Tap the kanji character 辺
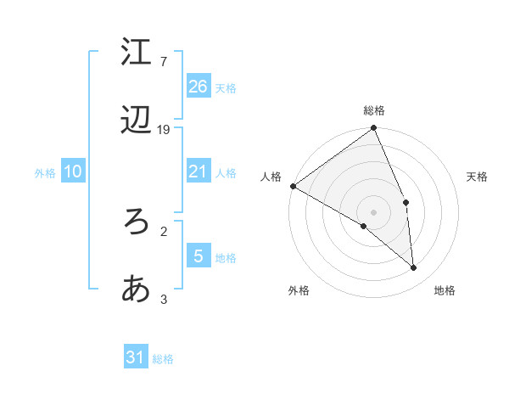(137, 122)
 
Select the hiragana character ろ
(137, 222)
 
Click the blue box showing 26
(199, 86)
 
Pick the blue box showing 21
(199, 171)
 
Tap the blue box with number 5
(199, 256)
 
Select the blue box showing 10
(73, 171)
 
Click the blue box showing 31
(136, 357)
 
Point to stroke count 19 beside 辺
(164, 130)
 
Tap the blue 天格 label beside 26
(226, 87)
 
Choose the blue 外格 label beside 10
(45, 173)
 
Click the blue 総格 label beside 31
(163, 359)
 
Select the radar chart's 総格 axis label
(374, 110)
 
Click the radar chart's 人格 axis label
(271, 177)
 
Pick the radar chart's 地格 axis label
(445, 290)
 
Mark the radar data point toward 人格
(293, 186)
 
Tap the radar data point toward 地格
(414, 267)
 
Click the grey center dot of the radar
(374, 211)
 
